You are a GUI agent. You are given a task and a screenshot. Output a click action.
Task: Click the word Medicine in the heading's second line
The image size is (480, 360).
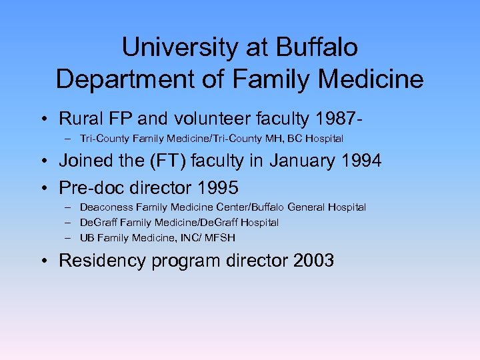376,79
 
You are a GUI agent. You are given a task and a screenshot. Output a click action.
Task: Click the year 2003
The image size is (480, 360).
313,259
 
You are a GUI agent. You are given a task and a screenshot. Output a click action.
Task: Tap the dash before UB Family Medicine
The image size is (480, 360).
69,237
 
